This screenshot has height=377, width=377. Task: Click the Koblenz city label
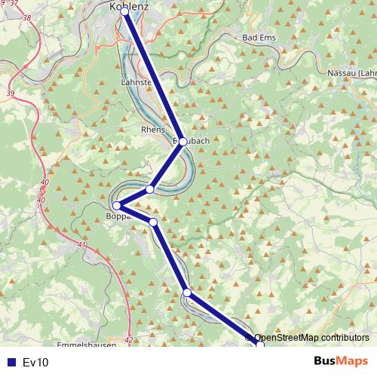point(129,6)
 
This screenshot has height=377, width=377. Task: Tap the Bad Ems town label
point(260,37)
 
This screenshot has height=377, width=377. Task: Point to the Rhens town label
point(152,130)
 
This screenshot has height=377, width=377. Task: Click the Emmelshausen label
point(87,345)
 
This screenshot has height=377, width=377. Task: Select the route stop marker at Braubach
point(182,141)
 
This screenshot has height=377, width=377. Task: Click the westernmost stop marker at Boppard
point(117,206)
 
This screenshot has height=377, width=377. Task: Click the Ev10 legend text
point(35,363)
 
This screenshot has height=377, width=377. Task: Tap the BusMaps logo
point(340,361)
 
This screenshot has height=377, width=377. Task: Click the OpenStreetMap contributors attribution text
point(311,338)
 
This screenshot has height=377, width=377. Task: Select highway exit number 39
point(10,93)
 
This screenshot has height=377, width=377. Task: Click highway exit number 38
point(28,16)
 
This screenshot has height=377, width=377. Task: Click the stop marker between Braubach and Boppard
point(150,188)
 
